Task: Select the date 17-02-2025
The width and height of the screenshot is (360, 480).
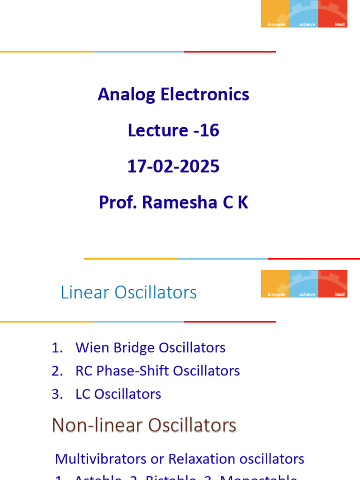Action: (173, 166)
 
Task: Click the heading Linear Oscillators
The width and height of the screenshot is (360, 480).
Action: (128, 292)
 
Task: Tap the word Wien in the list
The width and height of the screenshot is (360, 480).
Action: (91, 348)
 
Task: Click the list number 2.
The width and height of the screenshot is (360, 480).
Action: (57, 371)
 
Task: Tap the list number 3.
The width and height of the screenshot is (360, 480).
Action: (57, 394)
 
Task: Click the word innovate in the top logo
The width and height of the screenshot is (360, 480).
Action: (276, 24)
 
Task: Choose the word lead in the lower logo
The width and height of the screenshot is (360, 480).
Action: (339, 294)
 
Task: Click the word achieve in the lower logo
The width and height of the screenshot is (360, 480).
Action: (307, 294)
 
